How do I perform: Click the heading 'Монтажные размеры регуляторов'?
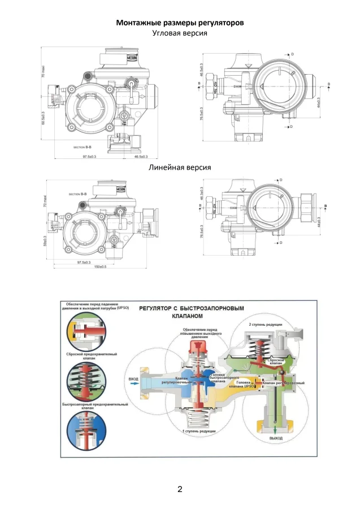[180, 23]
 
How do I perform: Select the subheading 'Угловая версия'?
[180, 33]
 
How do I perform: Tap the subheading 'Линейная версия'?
[180, 168]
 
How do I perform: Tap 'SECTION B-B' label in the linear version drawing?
[78, 194]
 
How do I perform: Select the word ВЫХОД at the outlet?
[275, 438]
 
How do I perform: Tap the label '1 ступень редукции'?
[198, 431]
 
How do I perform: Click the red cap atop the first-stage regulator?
[199, 347]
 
